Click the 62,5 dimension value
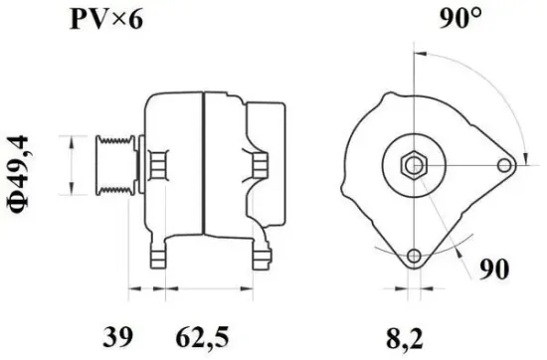click(x=197, y=333)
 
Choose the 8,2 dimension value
click(x=412, y=333)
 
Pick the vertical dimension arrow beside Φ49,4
click(x=71, y=165)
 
